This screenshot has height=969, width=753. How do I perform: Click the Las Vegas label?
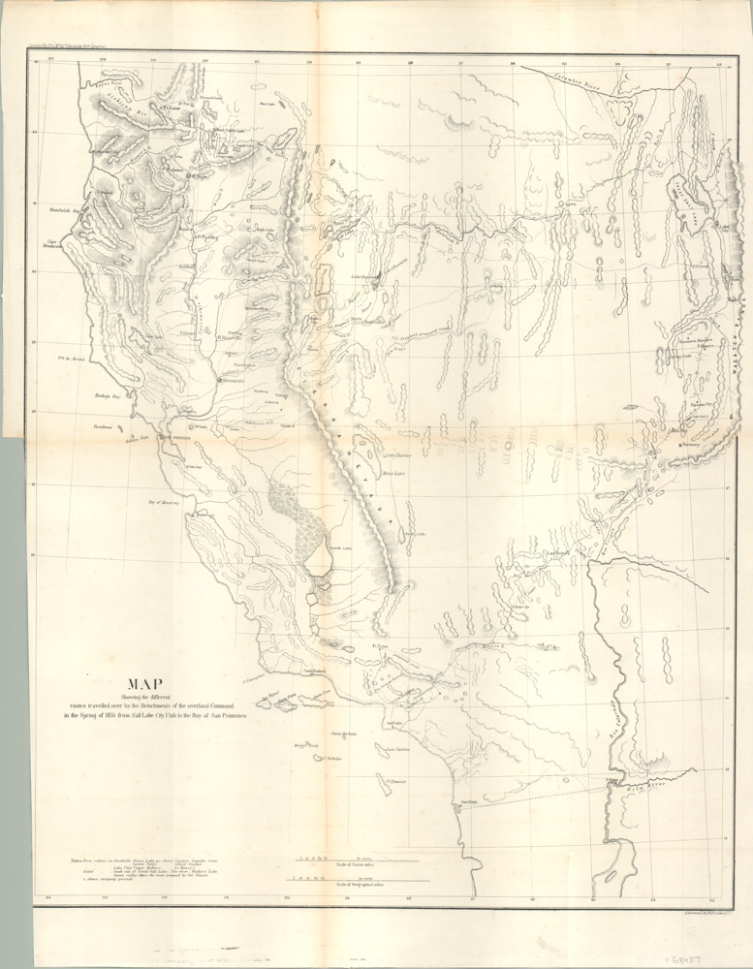[560, 553]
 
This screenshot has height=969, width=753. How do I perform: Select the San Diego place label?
[470, 801]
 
